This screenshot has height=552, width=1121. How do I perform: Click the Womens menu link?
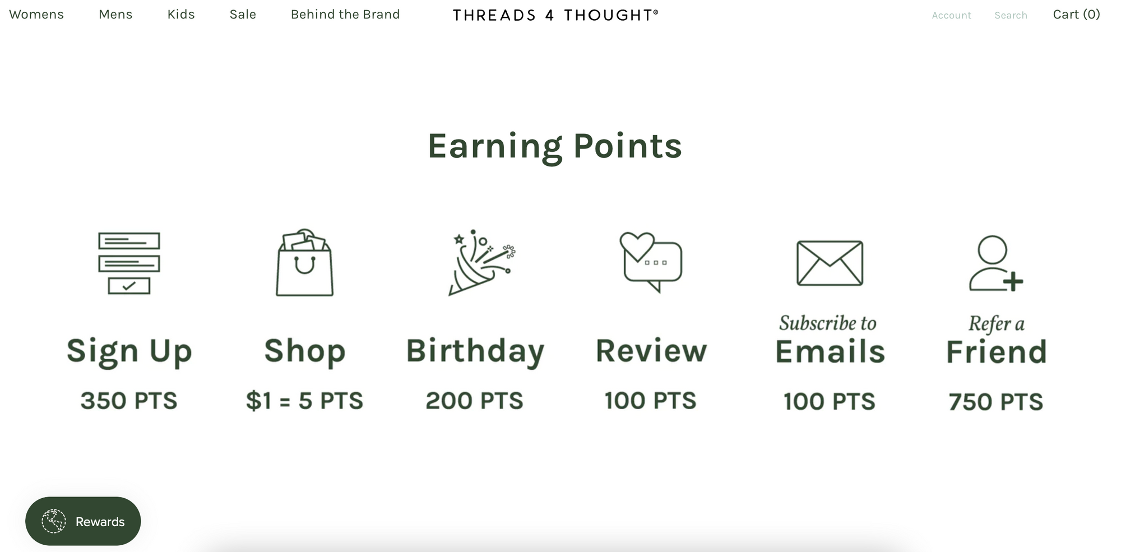pos(36,15)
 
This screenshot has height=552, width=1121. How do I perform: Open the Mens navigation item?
pos(115,15)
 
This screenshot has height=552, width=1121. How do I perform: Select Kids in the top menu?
pos(181,15)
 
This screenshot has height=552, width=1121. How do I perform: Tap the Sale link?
pos(243,15)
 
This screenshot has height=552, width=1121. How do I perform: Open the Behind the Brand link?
pos(345,15)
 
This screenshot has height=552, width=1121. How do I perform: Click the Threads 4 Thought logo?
pos(555,15)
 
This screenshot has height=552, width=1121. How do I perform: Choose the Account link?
pos(951,15)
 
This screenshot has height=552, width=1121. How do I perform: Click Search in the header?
pos(1011,15)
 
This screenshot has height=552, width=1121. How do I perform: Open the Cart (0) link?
pos(1076,15)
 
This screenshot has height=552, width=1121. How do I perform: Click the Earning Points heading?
pos(555,146)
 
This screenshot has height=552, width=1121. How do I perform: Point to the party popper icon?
pos(481,262)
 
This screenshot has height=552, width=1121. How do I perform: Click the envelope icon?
pos(830,263)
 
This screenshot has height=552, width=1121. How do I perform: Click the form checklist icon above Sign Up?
pos(129,263)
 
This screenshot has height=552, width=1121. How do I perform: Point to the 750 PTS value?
pos(996,402)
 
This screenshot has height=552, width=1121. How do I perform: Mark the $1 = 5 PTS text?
pos(304,401)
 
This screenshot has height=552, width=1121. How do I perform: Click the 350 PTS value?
pos(129,401)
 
